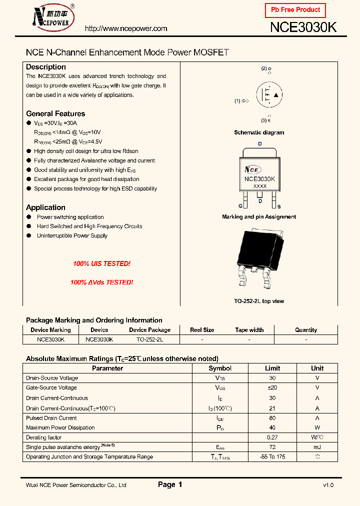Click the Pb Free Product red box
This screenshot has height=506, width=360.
295,10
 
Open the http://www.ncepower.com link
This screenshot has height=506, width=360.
126,28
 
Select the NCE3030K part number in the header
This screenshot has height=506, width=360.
303,27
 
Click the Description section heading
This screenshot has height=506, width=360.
46,67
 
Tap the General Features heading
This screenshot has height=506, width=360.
55,113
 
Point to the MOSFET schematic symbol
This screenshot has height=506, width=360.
268,95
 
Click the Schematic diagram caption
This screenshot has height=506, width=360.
259,132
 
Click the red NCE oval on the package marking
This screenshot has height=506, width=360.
251,169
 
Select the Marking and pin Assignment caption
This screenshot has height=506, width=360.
259,217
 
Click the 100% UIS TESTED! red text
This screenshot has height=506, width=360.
101,263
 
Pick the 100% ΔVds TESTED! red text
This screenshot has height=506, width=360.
101,282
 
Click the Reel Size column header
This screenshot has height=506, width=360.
202,330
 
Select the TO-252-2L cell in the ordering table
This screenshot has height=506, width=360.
149,339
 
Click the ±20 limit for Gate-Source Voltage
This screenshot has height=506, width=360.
272,387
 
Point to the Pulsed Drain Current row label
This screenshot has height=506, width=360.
51,418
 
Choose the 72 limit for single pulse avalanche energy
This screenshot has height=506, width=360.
272,446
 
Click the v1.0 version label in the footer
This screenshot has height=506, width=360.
328,485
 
